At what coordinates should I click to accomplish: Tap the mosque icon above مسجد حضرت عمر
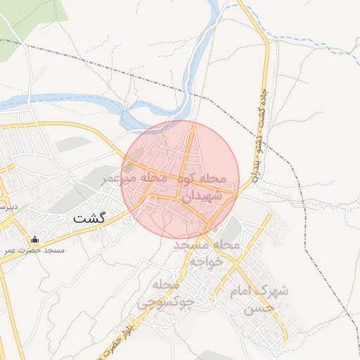click(x=34, y=239)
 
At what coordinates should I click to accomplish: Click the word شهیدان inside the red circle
click(x=202, y=195)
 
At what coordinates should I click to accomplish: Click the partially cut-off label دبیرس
click(x=8, y=208)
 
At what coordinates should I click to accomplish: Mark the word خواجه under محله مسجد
click(x=207, y=260)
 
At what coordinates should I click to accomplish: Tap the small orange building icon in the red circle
click(x=128, y=167)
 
